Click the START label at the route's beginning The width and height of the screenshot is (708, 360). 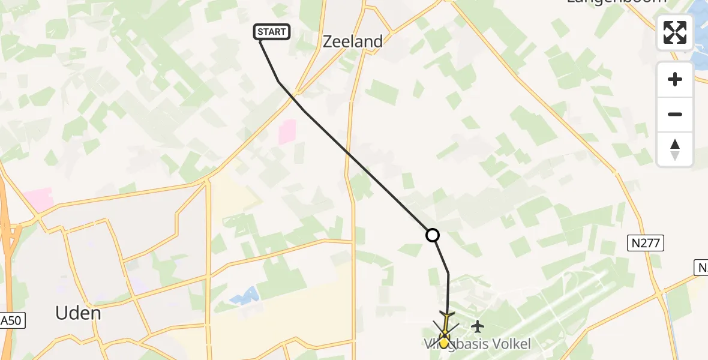click(x=272, y=32)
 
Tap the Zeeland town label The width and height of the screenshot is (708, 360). click(x=353, y=41)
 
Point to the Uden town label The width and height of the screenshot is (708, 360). click(x=78, y=313)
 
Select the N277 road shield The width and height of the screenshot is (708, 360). click(x=646, y=243)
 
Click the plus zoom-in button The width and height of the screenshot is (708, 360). click(x=675, y=79)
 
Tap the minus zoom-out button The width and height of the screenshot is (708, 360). click(x=675, y=114)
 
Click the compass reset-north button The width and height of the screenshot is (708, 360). click(x=675, y=149)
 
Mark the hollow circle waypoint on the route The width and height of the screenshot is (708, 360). click(x=433, y=235)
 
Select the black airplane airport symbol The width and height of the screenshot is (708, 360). click(x=478, y=326)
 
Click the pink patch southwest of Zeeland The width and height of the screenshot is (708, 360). click(x=287, y=131)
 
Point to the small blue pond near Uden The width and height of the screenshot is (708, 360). click(x=245, y=295)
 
